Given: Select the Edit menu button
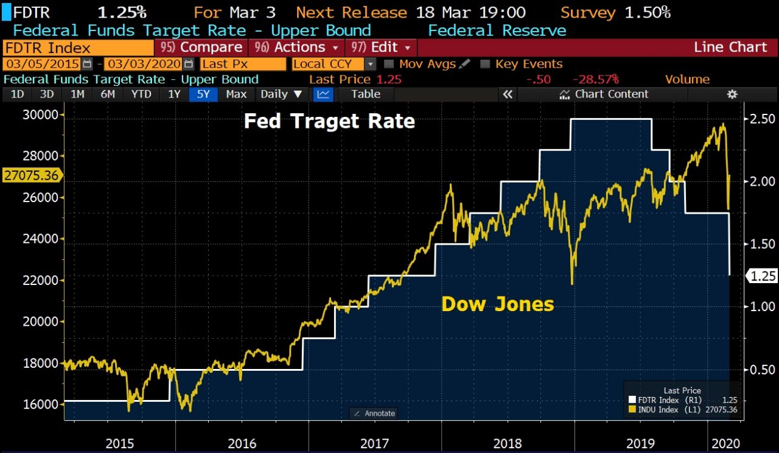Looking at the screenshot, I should [x=383, y=47].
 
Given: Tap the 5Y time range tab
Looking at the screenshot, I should [x=203, y=94].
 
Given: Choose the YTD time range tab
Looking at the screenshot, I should [x=141, y=94].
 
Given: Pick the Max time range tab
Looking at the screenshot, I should [x=236, y=94].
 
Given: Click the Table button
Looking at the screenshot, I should [x=365, y=94].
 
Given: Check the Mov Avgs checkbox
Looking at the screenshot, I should [x=389, y=64].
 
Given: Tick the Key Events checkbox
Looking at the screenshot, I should [x=485, y=64].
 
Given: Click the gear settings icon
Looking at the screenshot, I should [x=732, y=94].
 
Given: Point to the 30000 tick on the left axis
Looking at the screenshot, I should [x=40, y=115].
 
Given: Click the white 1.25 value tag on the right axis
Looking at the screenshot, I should [x=761, y=276].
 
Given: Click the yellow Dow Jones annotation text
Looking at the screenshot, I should [x=497, y=304].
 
